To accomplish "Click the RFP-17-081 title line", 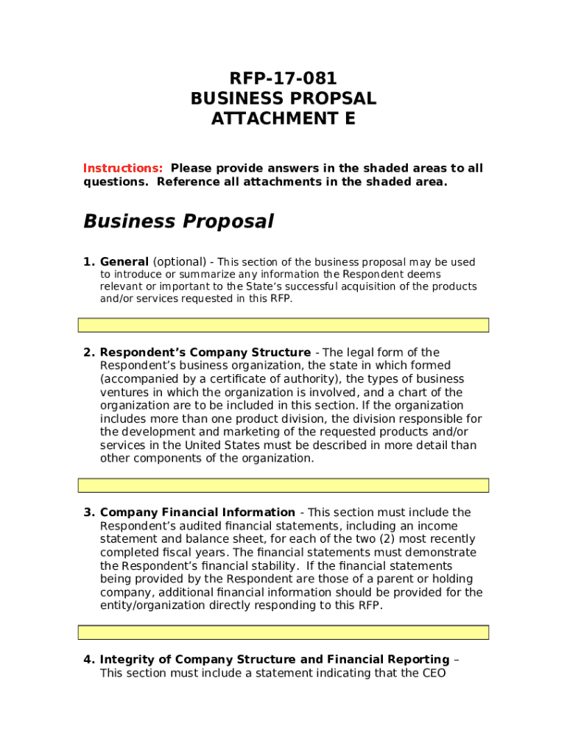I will [x=283, y=79].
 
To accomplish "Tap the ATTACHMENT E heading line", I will [x=283, y=119].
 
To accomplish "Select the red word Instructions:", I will [x=123, y=168].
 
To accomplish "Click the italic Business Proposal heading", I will [x=178, y=221].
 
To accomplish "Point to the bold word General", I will [x=124, y=262].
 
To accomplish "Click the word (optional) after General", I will [x=180, y=262].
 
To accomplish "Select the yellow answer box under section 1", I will [x=283, y=325].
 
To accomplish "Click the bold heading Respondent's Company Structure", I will [x=205, y=352].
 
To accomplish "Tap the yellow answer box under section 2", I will [x=283, y=485].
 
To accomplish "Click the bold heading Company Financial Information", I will [x=197, y=512].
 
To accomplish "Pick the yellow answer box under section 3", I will [x=283, y=633].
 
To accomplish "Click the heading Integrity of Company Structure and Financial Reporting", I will [x=274, y=659].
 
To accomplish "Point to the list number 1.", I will [x=88, y=262].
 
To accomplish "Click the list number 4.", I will [x=88, y=659].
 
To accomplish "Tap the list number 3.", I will [x=88, y=512].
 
